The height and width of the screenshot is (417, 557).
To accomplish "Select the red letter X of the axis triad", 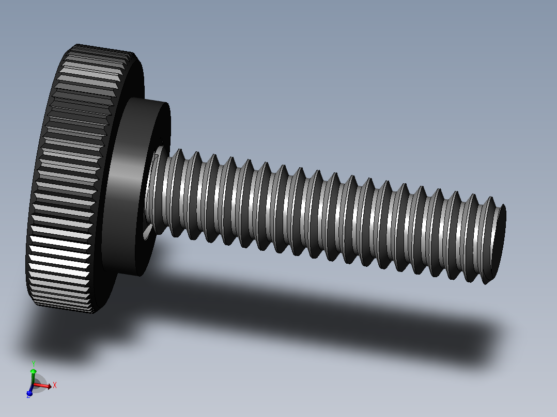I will click(55, 385).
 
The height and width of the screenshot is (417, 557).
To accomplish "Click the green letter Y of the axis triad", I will click(33, 363).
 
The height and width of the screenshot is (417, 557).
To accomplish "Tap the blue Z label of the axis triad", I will click(28, 395).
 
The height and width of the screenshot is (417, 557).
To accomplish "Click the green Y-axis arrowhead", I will click(33, 371).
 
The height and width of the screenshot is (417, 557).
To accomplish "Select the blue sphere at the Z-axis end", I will click(29, 392).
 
